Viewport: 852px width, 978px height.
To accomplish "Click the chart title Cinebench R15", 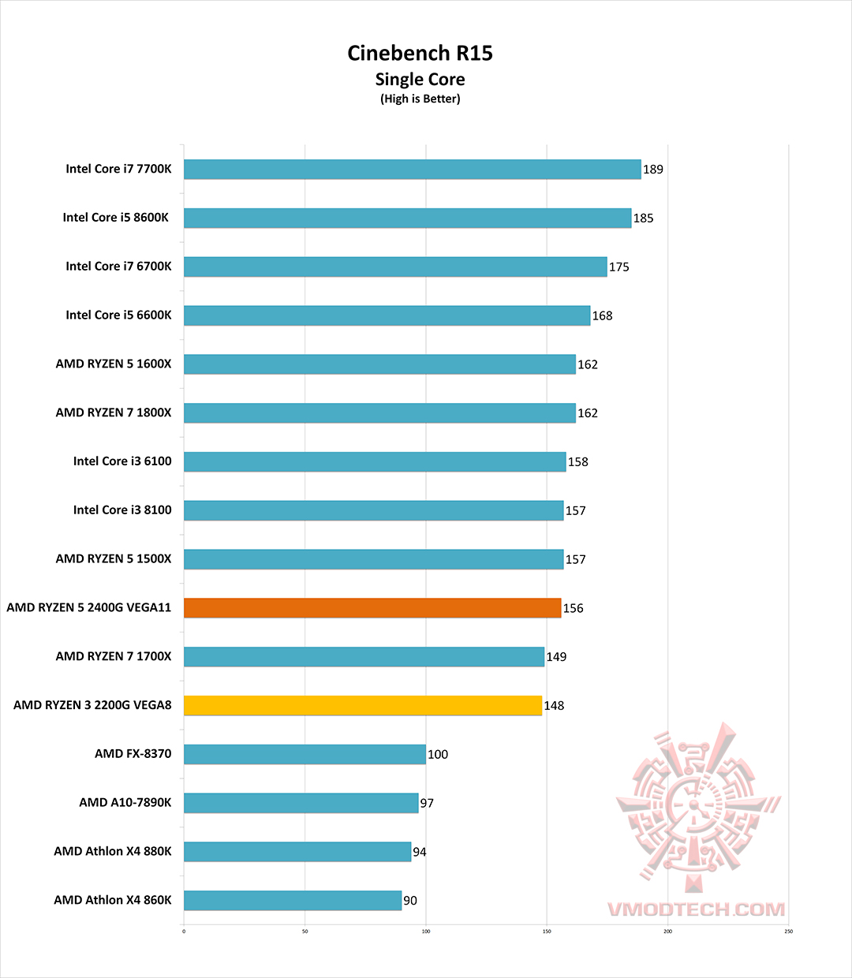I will pos(420,53).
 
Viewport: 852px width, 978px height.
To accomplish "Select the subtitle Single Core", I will pos(420,80).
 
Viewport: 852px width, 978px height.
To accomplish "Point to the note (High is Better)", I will pos(420,99).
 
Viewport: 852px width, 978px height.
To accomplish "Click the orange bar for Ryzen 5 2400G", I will pos(372,608).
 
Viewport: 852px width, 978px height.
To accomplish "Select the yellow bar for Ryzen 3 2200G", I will pos(363,705).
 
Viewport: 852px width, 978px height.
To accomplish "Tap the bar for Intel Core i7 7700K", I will pos(412,170).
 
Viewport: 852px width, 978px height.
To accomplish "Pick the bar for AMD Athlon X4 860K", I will pos(293,901).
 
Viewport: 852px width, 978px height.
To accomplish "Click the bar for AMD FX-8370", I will pos(305,754).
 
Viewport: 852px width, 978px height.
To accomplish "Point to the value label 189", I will pos(653,170).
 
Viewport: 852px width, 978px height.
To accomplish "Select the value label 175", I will pos(619,267).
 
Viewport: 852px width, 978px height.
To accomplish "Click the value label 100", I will pos(438,755).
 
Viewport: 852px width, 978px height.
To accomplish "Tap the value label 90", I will pos(410,901).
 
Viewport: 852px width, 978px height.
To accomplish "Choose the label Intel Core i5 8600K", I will pos(116,218).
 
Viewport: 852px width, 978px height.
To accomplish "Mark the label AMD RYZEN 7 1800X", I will pos(114,412).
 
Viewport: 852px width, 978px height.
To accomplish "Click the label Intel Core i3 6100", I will pos(122,461).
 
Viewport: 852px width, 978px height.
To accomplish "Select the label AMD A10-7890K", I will pos(125,802).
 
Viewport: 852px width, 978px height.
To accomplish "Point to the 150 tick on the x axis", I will pos(547,931).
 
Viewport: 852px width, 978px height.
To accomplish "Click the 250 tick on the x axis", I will pos(788,931).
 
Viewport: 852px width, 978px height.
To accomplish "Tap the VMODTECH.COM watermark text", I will pos(697,909).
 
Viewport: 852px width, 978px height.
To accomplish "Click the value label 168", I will pos(603,315).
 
